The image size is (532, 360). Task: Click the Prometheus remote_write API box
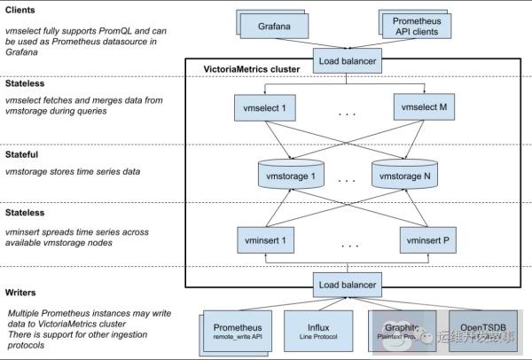238,332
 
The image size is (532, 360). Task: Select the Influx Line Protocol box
317,332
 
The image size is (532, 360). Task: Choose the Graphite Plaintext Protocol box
397,332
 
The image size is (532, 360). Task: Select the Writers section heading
20,292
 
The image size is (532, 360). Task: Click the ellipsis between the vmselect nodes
347,113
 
